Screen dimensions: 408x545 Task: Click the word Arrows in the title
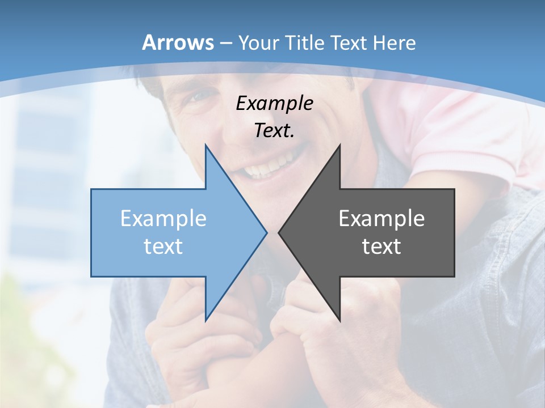click(x=178, y=42)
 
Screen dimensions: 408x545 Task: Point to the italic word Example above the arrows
click(x=274, y=104)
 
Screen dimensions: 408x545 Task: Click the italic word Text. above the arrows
click(x=274, y=131)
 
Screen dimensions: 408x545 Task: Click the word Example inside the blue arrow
click(x=163, y=219)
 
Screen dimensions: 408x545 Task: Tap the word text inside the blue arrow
click(x=163, y=246)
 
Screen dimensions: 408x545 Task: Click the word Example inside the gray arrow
click(x=381, y=219)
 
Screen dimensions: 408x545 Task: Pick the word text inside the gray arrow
click(x=381, y=246)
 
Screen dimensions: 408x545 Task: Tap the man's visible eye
click(x=195, y=98)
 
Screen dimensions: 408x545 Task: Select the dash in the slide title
click(x=225, y=43)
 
